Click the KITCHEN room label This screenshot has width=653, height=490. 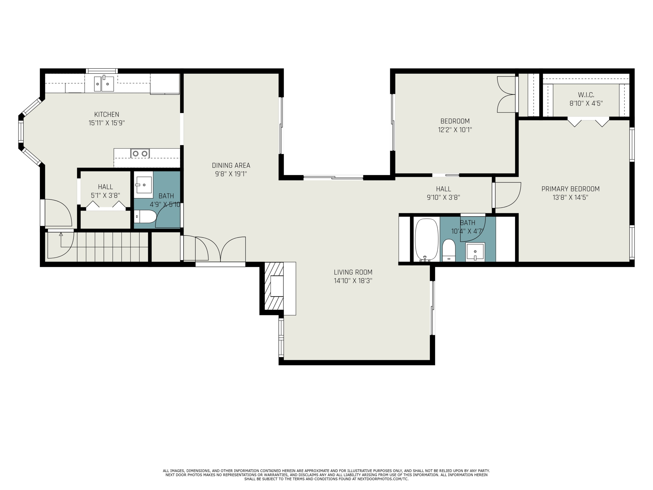coord(107,114)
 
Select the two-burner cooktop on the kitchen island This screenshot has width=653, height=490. coord(140,153)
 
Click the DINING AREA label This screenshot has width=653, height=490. coord(231,165)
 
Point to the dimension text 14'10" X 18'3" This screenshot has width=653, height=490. coord(353,280)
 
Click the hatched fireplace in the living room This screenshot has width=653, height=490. coord(274,286)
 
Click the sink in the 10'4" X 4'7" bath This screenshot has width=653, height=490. coord(475,252)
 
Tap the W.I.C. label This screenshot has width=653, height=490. coord(586,95)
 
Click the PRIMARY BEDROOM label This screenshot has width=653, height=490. coord(570,189)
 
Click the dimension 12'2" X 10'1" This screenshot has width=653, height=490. coord(455,130)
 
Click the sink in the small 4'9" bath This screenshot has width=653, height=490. coord(144,185)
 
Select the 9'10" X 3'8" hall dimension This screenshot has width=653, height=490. coord(443,197)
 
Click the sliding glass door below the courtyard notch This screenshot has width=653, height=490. coord(333,178)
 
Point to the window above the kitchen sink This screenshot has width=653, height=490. coord(102,71)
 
